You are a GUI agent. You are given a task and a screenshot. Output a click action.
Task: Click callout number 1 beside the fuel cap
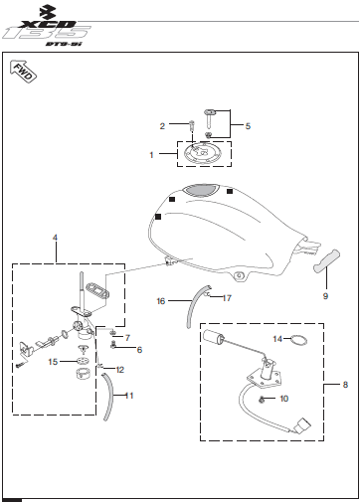point(151,155)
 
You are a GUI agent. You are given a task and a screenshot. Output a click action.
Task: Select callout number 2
point(162,126)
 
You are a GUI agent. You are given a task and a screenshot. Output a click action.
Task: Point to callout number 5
point(248,126)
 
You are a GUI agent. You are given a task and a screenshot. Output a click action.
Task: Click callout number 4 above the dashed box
point(55,238)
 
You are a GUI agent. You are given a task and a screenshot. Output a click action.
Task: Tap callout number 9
point(325,296)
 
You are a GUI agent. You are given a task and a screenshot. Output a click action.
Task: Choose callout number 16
point(161,301)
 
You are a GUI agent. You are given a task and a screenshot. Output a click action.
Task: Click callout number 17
point(227,298)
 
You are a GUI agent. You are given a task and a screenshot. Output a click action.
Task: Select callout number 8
point(345,385)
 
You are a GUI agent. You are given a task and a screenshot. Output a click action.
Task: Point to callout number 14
point(277,339)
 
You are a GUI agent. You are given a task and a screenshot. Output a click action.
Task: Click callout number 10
point(284,399)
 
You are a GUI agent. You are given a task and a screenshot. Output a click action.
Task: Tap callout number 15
point(53,362)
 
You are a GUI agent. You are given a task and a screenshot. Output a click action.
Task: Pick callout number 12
point(120,370)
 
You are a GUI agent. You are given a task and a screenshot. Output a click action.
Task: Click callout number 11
point(129,396)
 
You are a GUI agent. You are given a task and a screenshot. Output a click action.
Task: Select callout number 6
point(139,350)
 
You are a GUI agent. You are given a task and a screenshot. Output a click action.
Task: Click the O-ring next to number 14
point(299,337)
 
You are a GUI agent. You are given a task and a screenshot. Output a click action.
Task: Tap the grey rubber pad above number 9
point(327,261)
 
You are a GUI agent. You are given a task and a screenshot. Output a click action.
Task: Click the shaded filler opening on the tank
point(201,190)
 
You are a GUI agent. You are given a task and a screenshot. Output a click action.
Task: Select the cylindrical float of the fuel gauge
point(213,336)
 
